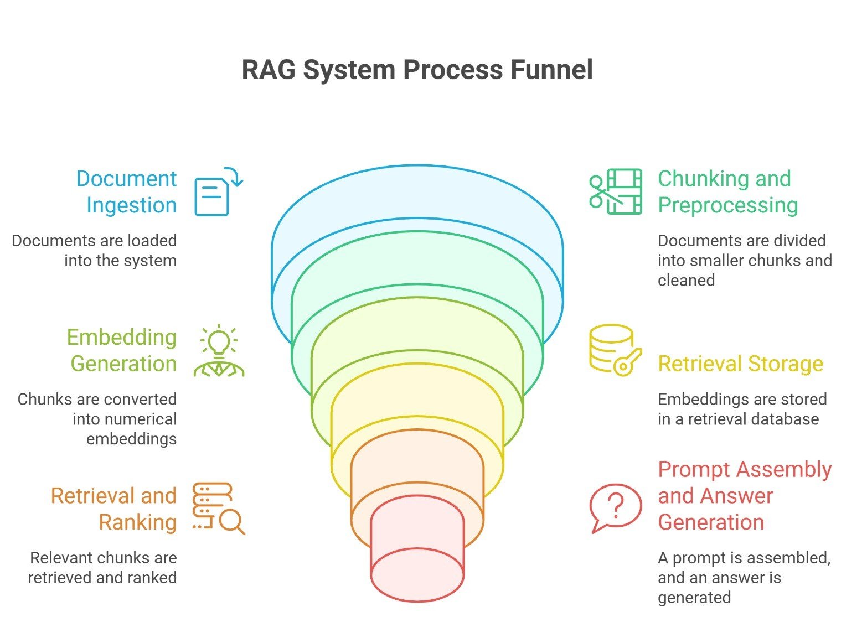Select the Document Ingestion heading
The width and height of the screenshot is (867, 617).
[x=126, y=191]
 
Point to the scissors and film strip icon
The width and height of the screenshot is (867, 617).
[x=615, y=191]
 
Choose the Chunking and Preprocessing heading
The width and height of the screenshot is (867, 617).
[x=727, y=191]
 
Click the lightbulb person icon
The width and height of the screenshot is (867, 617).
[x=219, y=351]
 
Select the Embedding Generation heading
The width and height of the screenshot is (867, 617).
[x=122, y=350]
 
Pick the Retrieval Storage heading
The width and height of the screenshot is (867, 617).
[x=740, y=364]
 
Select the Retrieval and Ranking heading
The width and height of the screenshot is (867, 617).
[x=114, y=509]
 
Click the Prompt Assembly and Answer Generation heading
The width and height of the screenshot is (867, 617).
[x=744, y=496]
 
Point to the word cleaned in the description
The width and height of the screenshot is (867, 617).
[x=686, y=281]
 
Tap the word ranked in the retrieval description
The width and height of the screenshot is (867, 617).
[x=151, y=578]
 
